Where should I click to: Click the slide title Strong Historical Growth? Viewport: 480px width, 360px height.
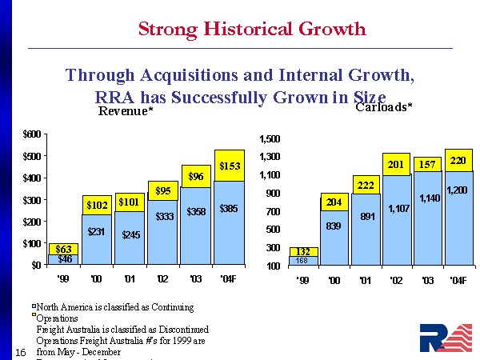tap(252, 30)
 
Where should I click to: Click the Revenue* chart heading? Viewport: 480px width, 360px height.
tap(126, 112)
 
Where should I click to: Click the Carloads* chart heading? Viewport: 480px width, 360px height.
tap(382, 106)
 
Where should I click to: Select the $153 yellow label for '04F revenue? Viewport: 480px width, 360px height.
tap(230, 166)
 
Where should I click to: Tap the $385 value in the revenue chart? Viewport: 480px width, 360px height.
tap(230, 210)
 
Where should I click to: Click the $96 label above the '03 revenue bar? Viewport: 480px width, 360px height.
tap(196, 176)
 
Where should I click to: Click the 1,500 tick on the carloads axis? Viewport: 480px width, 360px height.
tap(270, 139)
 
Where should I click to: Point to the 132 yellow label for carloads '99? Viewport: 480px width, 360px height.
tap(302, 251)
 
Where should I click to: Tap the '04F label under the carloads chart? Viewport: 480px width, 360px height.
tap(459, 281)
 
